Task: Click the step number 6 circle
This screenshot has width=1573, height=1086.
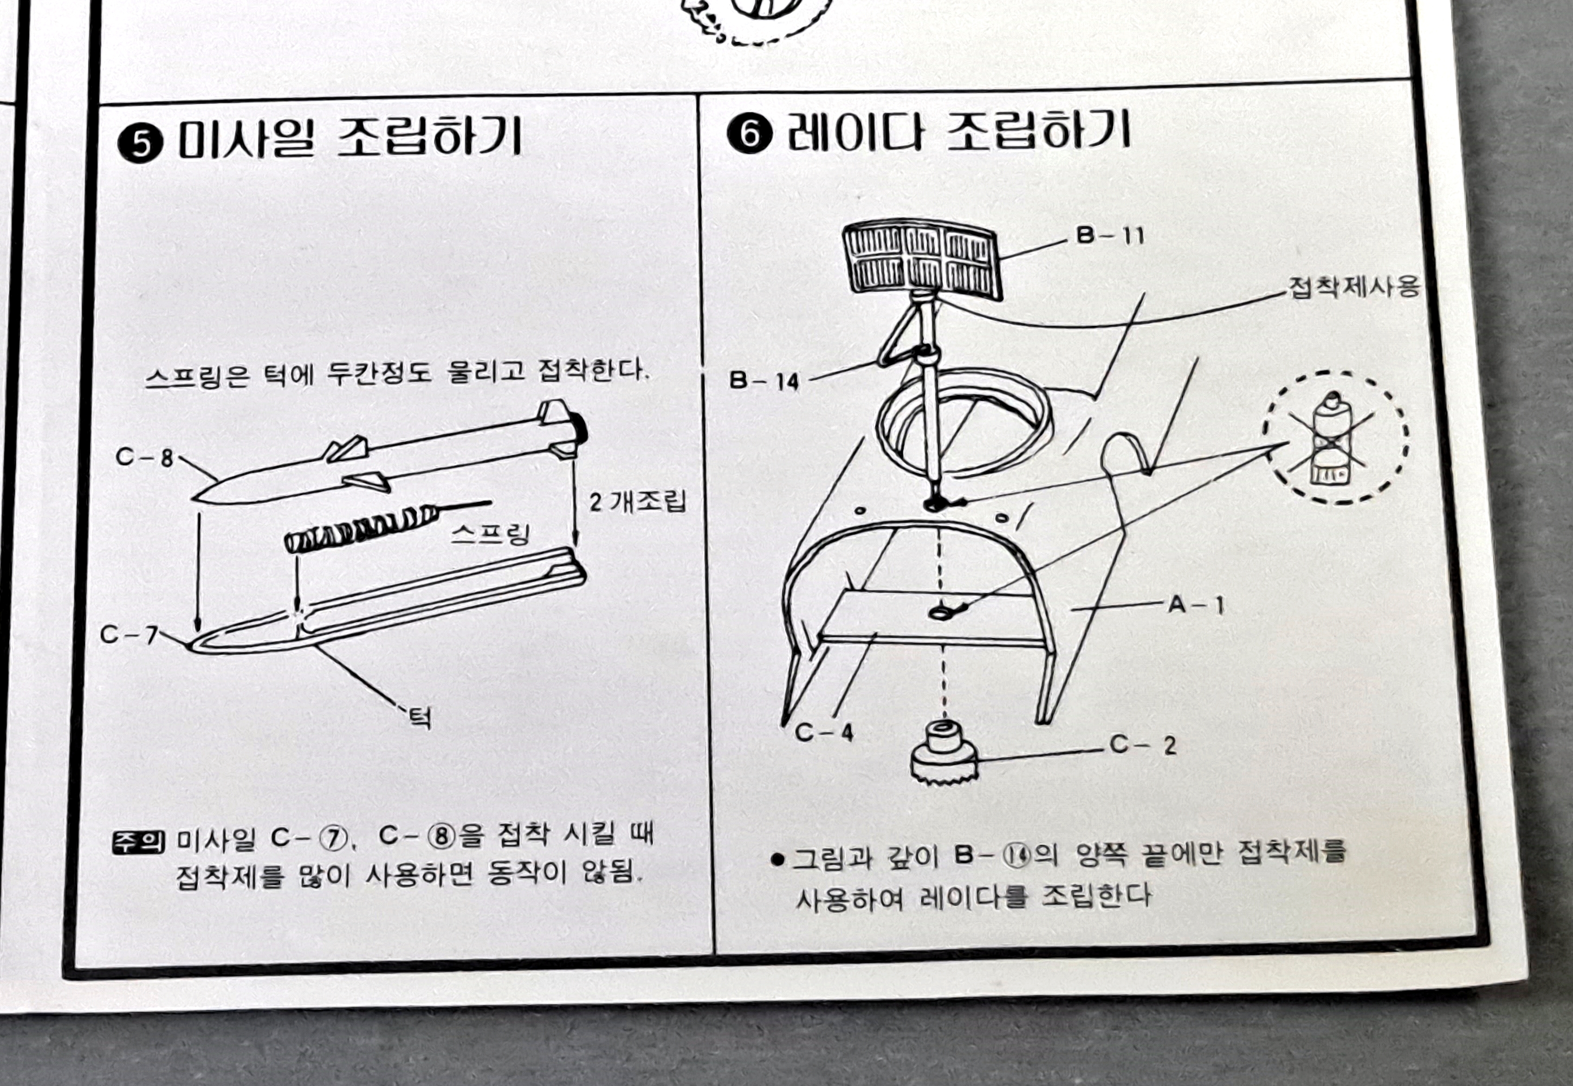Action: click(749, 135)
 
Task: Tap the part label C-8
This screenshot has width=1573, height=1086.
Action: click(144, 457)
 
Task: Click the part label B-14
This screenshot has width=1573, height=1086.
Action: click(764, 380)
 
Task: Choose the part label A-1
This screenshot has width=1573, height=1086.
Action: click(1195, 604)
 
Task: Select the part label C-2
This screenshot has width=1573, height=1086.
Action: click(1142, 745)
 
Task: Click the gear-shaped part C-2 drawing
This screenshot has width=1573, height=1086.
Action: click(944, 756)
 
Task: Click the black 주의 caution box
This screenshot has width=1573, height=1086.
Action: click(138, 842)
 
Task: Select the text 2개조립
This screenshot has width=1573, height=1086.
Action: click(638, 502)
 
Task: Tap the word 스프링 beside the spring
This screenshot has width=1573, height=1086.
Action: click(490, 535)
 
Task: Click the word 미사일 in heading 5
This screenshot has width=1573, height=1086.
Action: click(245, 138)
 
